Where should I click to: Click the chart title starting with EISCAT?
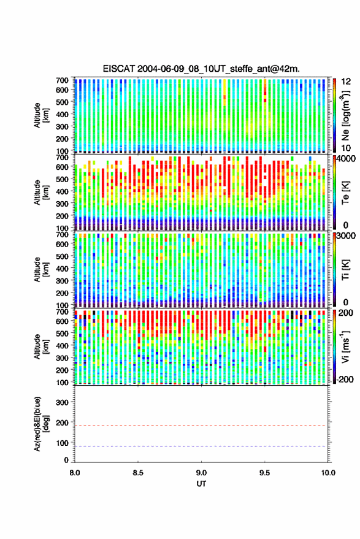[x=201, y=69]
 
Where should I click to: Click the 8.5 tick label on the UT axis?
[x=138, y=473]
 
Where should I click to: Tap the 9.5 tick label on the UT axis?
[x=264, y=473]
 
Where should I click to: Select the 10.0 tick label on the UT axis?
[x=328, y=473]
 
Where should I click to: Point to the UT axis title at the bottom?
[x=201, y=484]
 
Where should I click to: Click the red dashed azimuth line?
[x=201, y=426]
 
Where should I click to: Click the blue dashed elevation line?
[x=201, y=446]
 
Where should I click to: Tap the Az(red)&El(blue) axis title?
[x=41, y=424]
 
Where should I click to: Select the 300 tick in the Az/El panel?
[x=62, y=402]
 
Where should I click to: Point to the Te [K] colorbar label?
[x=345, y=193]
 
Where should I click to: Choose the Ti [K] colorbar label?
[x=345, y=270]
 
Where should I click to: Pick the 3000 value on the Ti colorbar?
[x=345, y=236]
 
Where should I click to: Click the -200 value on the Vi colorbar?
[x=344, y=379]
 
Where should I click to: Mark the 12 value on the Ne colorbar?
[x=346, y=82]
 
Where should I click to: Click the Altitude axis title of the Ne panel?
[x=41, y=115]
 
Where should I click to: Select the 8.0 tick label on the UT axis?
[x=75, y=473]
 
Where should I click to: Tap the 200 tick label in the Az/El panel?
[x=62, y=422]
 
